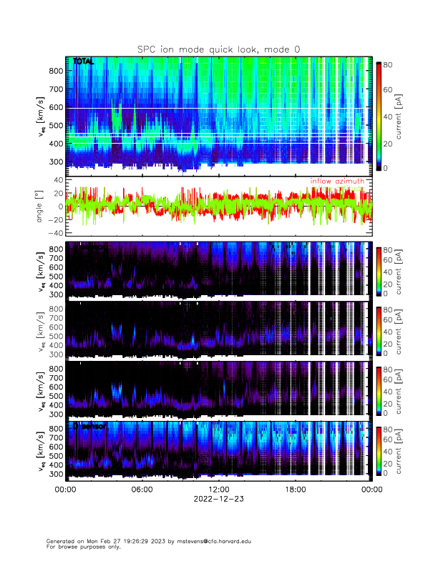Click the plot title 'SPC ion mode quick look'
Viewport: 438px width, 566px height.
(218, 49)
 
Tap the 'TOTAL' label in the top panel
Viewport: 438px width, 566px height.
(83, 61)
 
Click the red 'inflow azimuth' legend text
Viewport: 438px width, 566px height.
(337, 182)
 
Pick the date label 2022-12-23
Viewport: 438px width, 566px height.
(218, 499)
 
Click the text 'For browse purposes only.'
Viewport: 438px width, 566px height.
(81, 547)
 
